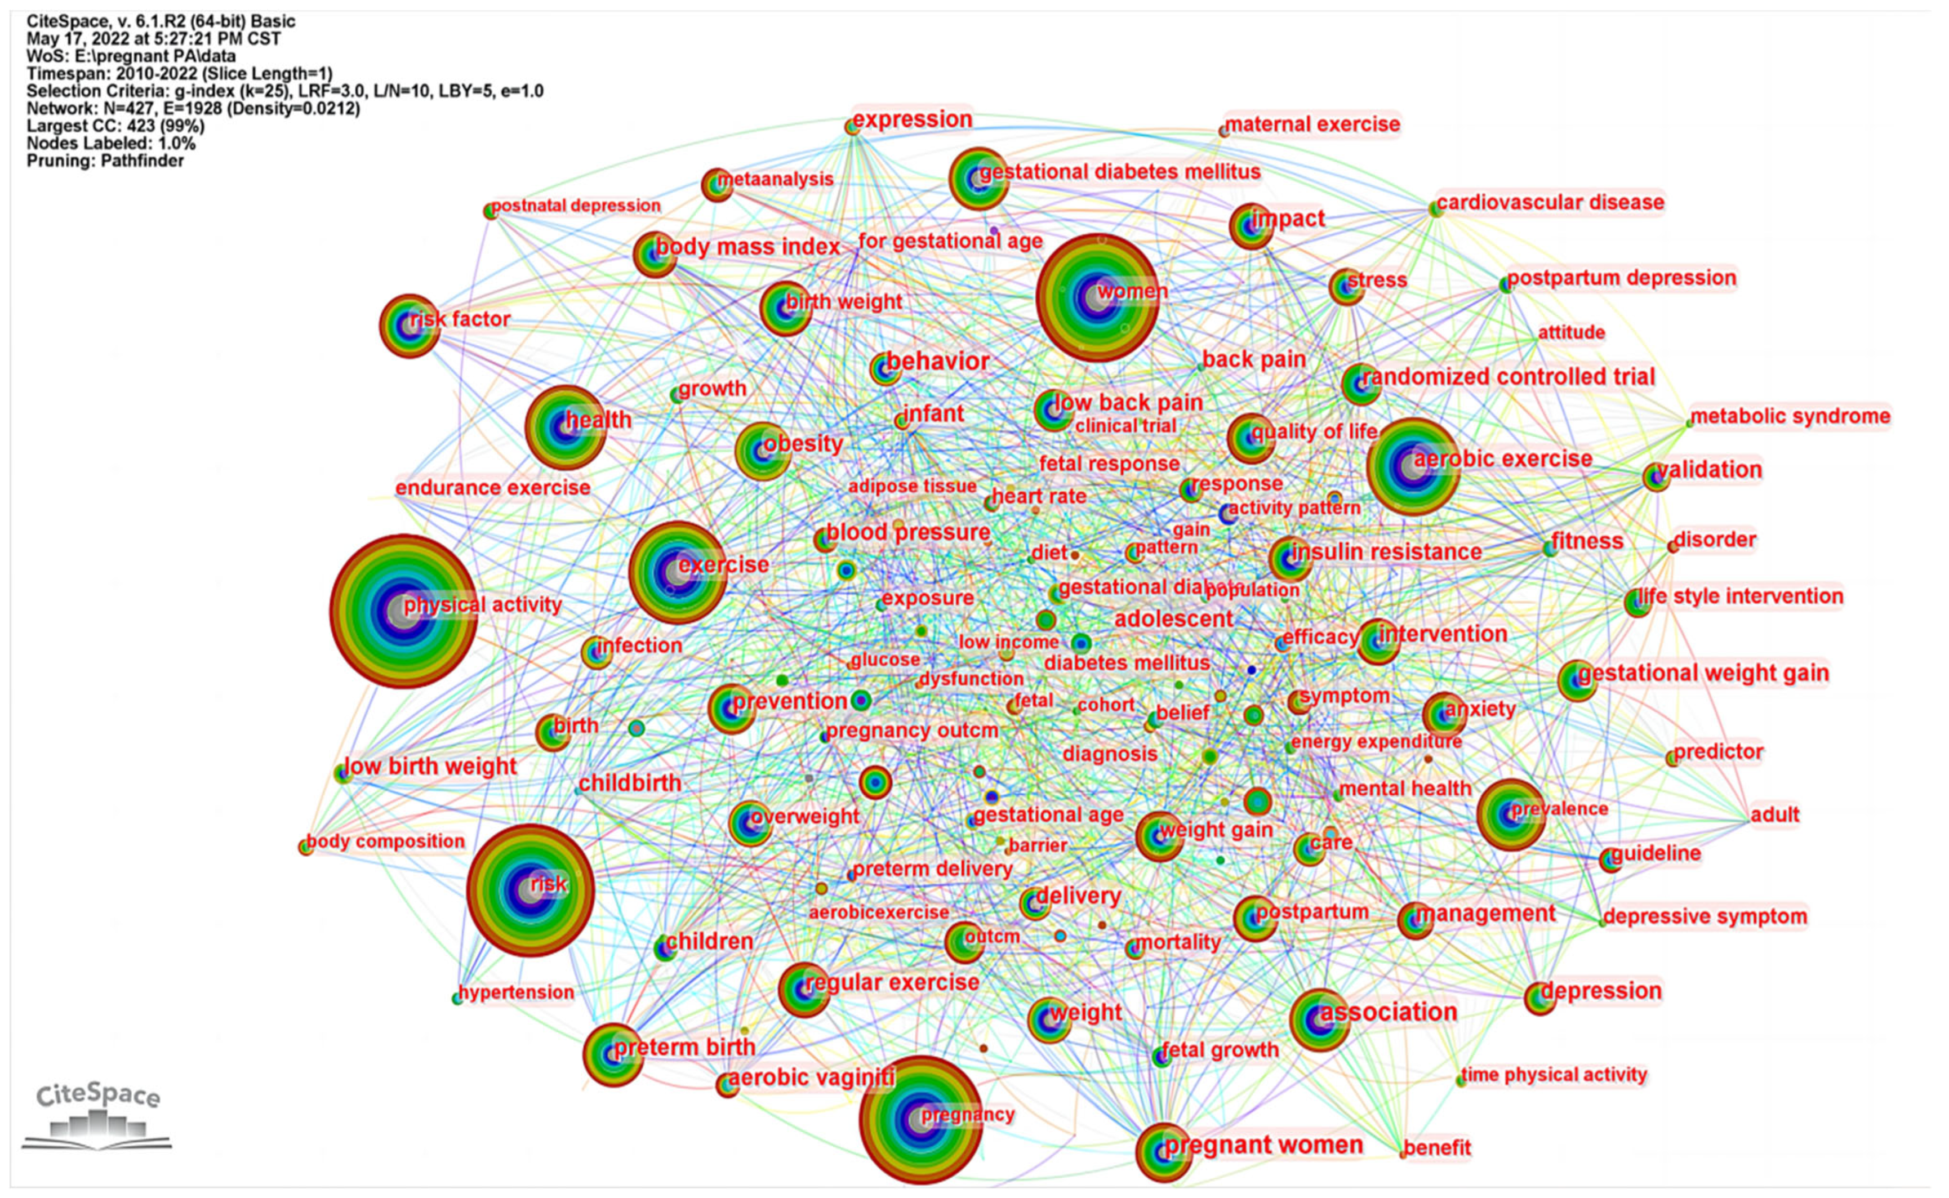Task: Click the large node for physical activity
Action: click(403, 611)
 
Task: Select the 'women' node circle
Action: click(1097, 297)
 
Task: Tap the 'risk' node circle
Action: click(530, 890)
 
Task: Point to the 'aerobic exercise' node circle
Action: click(1413, 467)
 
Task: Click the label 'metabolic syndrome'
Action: click(1790, 416)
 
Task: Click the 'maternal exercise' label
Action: click(1312, 124)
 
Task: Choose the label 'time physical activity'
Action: click(1554, 1075)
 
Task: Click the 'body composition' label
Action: click(385, 841)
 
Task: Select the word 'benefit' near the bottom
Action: click(1436, 1147)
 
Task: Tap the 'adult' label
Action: click(1775, 814)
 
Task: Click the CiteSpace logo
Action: click(97, 1117)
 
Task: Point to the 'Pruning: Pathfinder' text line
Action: click(105, 161)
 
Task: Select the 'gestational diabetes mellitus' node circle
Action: click(978, 179)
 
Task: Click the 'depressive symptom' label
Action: click(1705, 917)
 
